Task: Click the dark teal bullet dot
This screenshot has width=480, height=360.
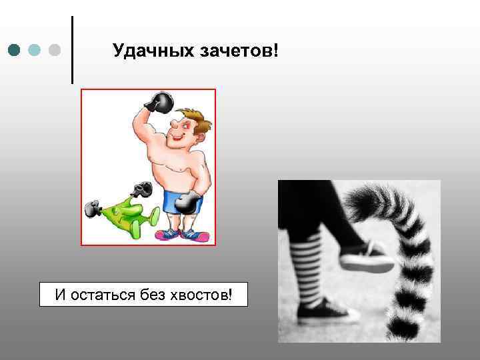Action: click(x=15, y=50)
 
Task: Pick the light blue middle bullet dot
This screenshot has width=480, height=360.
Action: click(x=35, y=50)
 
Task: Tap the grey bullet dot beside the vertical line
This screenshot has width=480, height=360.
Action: click(x=55, y=50)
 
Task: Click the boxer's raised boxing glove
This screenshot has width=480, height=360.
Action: click(x=160, y=102)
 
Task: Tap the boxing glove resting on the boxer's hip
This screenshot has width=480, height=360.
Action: click(x=190, y=200)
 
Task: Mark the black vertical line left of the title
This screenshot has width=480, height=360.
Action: click(x=71, y=50)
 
